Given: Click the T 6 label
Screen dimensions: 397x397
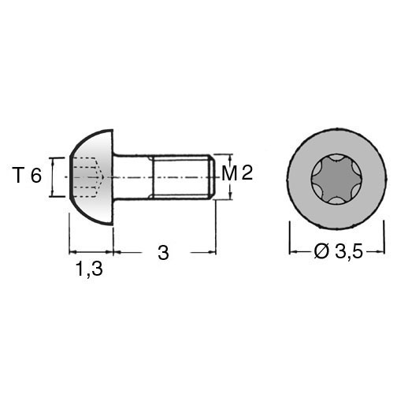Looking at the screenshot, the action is tap(27, 176).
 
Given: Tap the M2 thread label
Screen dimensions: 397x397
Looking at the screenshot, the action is tap(237, 173).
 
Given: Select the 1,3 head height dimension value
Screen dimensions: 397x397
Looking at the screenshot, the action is tap(89, 269).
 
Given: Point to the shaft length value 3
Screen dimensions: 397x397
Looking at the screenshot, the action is tap(163, 253).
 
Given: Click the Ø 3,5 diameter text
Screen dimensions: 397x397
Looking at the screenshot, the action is tap(338, 252).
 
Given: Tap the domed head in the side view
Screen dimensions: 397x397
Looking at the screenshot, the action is tap(91, 177).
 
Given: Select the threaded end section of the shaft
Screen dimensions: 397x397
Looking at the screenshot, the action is tap(182, 177).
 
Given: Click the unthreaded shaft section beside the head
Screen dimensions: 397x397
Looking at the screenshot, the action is tap(132, 177).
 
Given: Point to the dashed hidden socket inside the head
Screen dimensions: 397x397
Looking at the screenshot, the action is tap(87, 177).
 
